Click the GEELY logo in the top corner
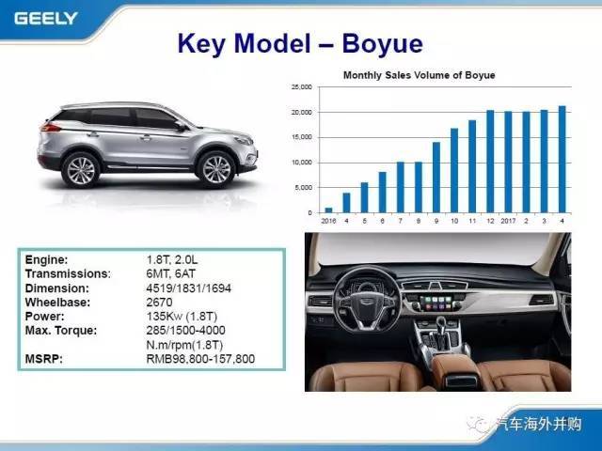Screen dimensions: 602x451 46,19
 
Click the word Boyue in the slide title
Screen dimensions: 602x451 383,43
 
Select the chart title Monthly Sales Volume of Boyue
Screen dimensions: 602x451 419,75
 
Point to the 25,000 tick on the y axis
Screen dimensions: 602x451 302,87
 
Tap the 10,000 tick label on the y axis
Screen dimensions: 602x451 302,163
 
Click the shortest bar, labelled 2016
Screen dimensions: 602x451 328,210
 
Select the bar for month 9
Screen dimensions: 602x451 436,178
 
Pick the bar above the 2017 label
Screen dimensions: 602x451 508,162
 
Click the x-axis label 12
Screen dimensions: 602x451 490,221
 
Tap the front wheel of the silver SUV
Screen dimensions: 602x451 216,169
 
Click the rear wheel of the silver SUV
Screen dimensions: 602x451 81,171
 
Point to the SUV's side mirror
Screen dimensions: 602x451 181,125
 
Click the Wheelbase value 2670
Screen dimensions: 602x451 159,303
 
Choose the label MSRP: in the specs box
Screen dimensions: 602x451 44,359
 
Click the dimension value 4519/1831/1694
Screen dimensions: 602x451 189,288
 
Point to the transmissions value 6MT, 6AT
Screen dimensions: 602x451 171,273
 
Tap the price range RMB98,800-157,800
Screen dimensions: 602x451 200,359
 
